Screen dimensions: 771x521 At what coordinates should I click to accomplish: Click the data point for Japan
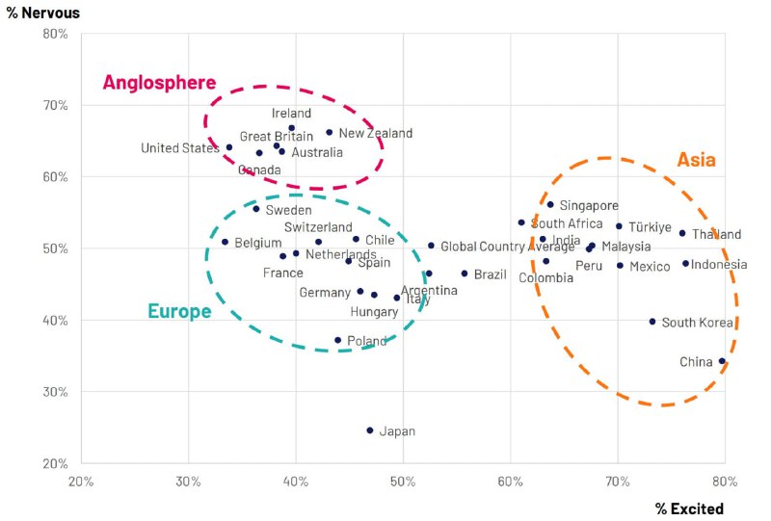pyautogui.click(x=370, y=430)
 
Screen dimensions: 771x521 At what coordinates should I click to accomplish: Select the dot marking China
pyautogui.click(x=722, y=361)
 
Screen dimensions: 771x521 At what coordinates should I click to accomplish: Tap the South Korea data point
pyautogui.click(x=652, y=322)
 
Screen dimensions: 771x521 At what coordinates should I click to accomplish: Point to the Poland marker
pyautogui.click(x=338, y=340)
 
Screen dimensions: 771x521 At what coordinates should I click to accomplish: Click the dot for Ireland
pyautogui.click(x=292, y=128)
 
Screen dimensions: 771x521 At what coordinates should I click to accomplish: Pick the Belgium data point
pyautogui.click(x=226, y=242)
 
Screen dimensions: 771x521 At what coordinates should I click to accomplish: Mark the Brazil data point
pyautogui.click(x=465, y=274)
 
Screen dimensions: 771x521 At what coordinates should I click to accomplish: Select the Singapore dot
pyautogui.click(x=550, y=204)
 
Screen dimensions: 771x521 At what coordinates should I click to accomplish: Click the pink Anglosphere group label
pyautogui.click(x=159, y=83)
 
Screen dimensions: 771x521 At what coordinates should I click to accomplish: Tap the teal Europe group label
pyautogui.click(x=179, y=311)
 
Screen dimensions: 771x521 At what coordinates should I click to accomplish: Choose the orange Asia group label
pyautogui.click(x=696, y=160)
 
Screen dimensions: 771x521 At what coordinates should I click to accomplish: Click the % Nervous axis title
pyautogui.click(x=43, y=13)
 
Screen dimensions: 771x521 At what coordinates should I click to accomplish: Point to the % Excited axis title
pyautogui.click(x=689, y=508)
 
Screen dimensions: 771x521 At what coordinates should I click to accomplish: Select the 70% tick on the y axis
pyautogui.click(x=55, y=105)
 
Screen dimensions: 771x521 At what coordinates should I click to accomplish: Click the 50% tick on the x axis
pyautogui.click(x=403, y=482)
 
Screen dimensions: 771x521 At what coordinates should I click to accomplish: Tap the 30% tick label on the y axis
pyautogui.click(x=55, y=392)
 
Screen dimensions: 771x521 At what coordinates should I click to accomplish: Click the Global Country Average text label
pyautogui.click(x=508, y=247)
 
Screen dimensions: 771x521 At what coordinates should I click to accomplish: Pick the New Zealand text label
pyautogui.click(x=376, y=133)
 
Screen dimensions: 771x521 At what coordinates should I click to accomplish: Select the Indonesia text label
pyautogui.click(x=719, y=265)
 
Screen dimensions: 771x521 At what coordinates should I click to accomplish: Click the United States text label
pyautogui.click(x=180, y=148)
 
